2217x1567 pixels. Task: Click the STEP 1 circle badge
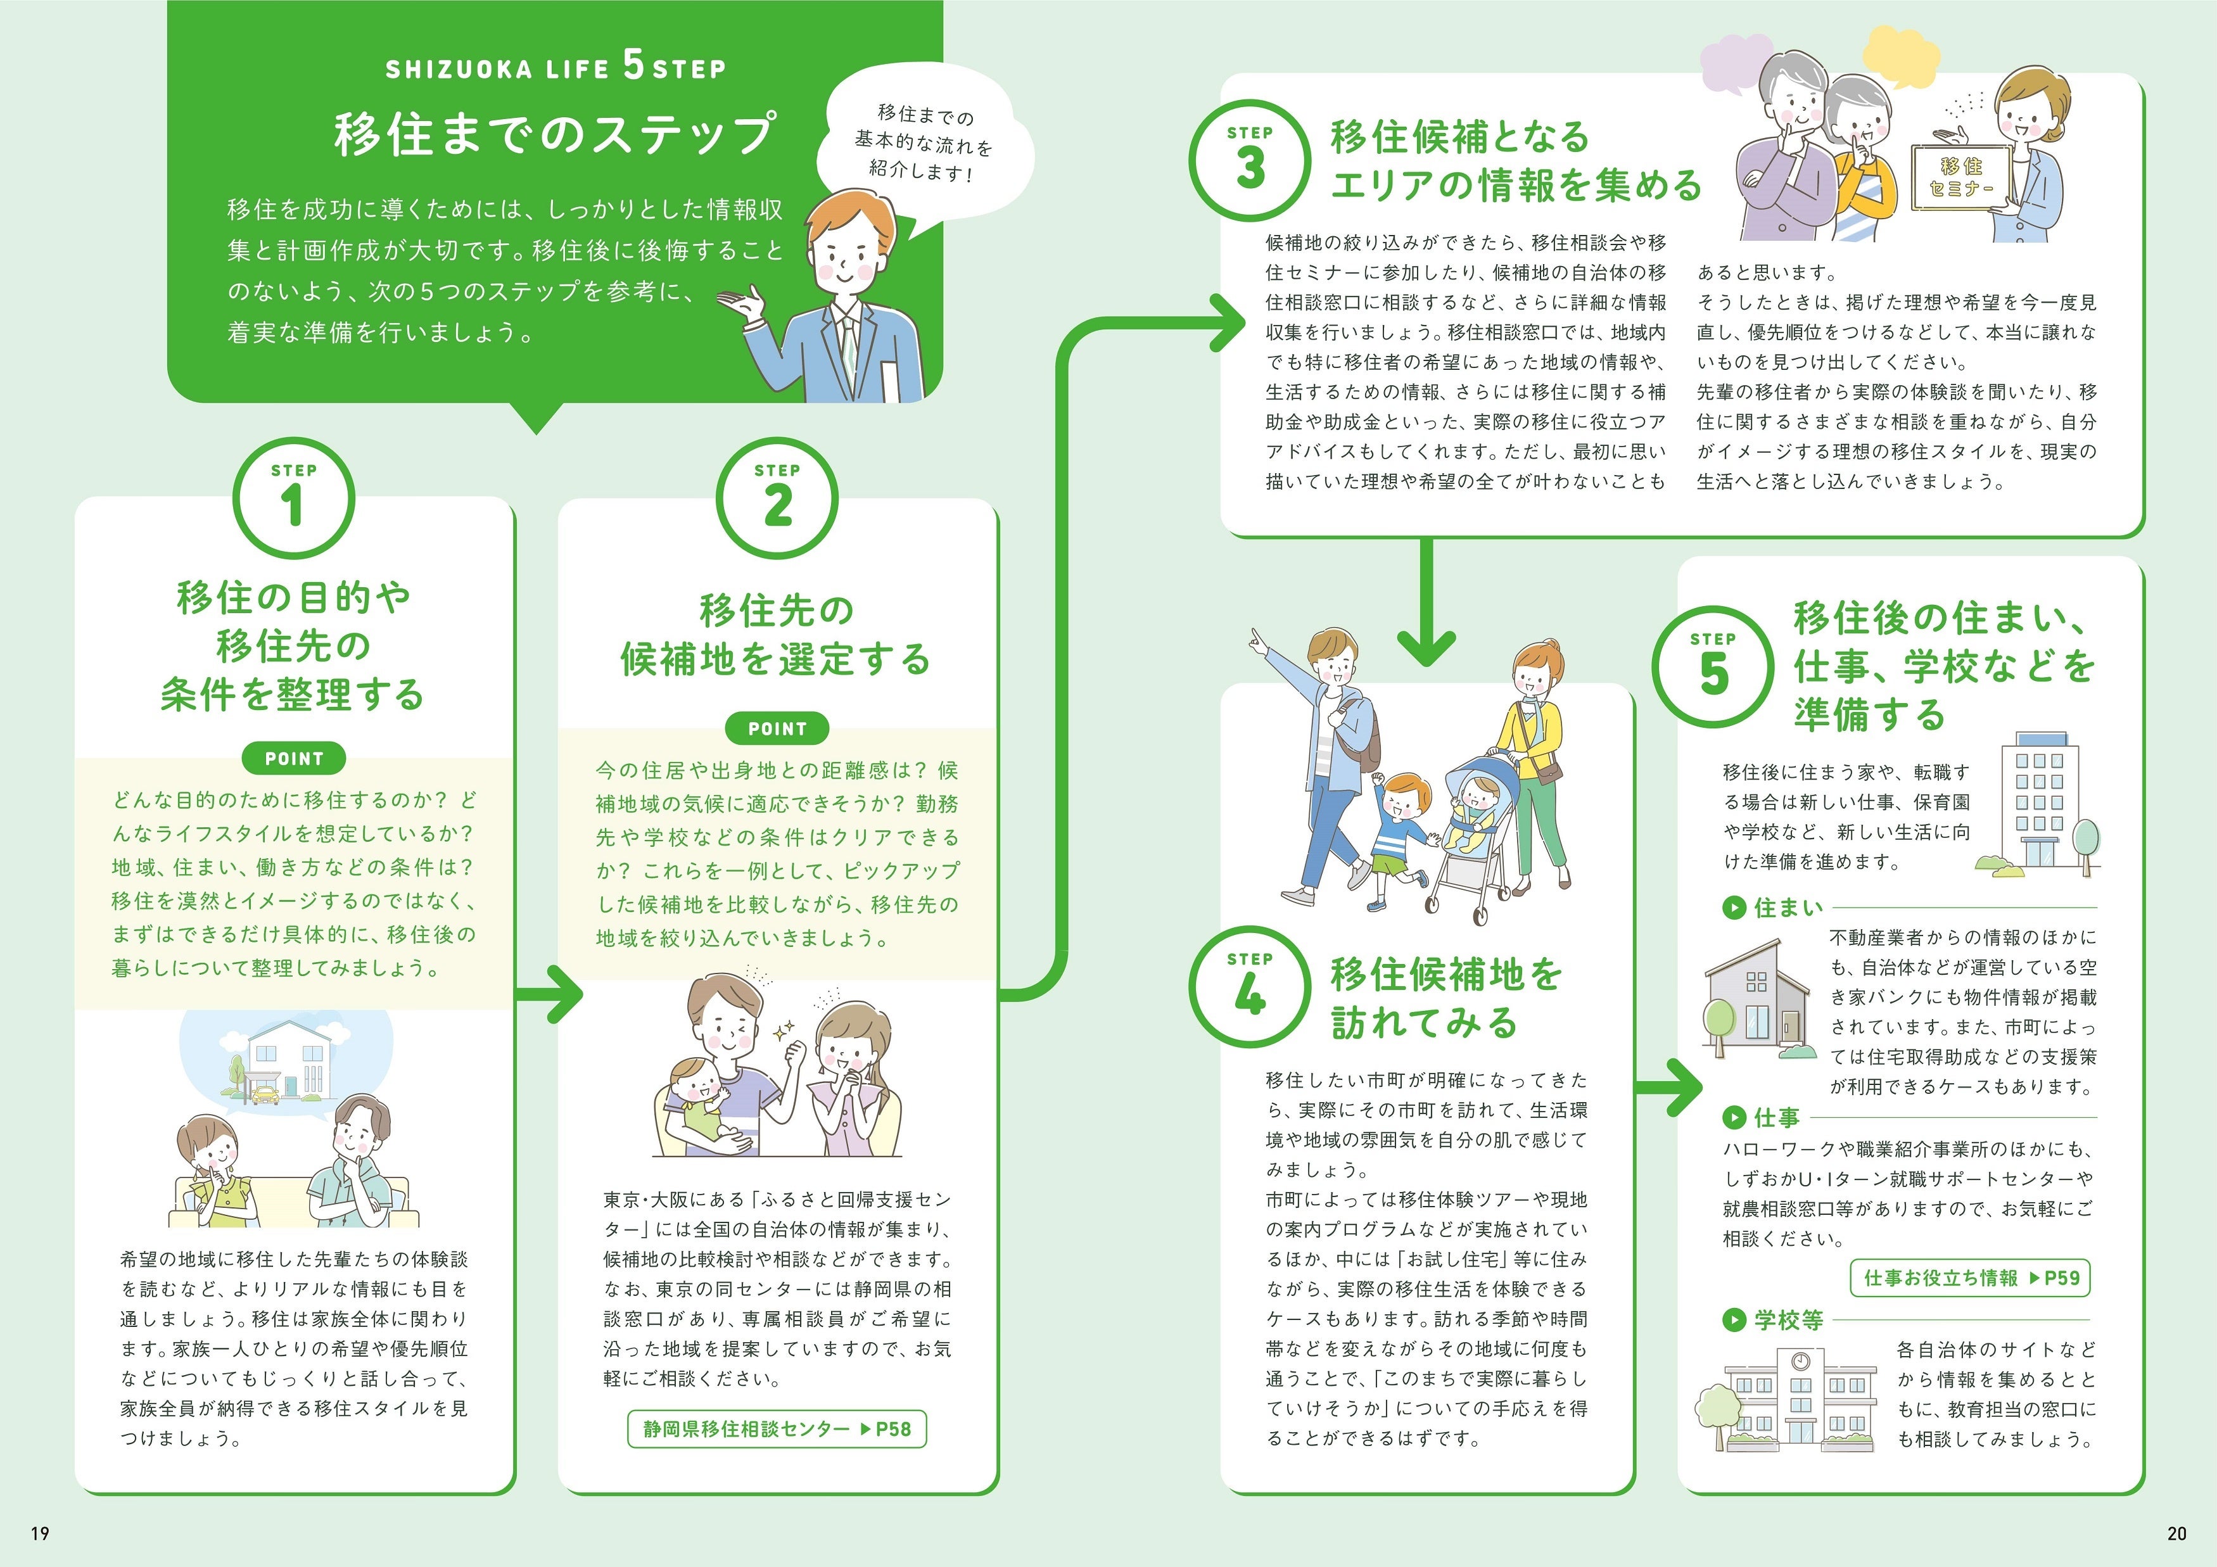click(x=293, y=498)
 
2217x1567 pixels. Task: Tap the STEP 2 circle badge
click(x=777, y=498)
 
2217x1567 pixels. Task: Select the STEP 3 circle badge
click(x=1250, y=160)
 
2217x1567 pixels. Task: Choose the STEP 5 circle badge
click(x=1713, y=666)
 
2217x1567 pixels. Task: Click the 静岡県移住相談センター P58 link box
click(x=777, y=1429)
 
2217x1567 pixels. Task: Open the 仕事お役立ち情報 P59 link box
click(x=1971, y=1278)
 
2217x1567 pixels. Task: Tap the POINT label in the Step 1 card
click(x=293, y=759)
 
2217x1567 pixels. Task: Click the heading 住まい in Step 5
click(x=1788, y=908)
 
